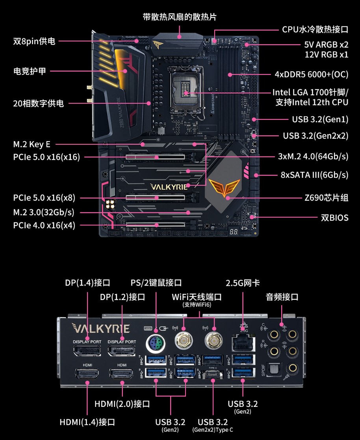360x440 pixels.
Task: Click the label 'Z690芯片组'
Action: pos(327,198)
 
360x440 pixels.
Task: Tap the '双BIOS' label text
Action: pos(334,218)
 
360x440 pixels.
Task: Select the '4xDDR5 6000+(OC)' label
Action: pos(312,75)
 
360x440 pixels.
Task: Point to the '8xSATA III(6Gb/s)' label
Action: pos(315,175)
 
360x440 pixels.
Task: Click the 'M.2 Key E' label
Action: pos(32,144)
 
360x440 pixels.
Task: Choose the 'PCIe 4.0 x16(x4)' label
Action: pos(44,226)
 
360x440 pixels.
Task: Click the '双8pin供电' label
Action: pos(34,41)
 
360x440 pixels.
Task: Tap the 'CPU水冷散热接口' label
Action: pos(315,29)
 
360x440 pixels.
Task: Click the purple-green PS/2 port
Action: pos(156,343)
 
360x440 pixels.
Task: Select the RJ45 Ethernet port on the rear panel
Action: pos(243,343)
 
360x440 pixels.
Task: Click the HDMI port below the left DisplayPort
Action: pos(87,373)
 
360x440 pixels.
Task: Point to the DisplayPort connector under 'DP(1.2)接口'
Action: pos(122,351)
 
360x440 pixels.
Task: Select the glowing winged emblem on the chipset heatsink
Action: pos(224,187)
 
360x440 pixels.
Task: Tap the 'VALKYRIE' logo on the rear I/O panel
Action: pos(101,328)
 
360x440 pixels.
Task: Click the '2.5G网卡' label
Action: pos(243,283)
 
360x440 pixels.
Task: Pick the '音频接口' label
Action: pos(282,297)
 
